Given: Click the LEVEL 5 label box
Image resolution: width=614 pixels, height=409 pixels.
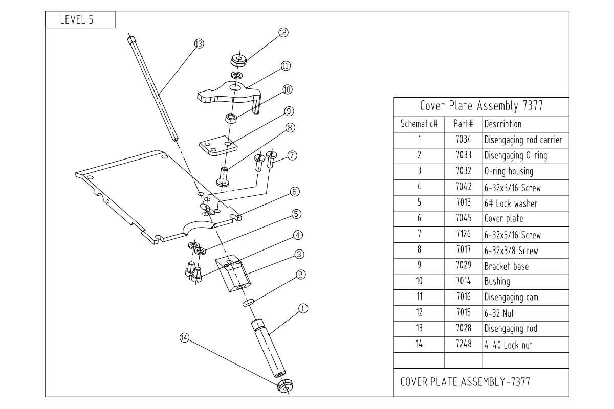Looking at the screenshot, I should coord(79,20).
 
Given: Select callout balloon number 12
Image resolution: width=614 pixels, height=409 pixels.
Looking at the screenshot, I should coord(283,32).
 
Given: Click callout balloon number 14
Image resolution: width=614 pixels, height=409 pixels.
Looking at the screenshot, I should coord(185,337).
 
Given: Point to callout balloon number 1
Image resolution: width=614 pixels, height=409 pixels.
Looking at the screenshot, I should coord(303,308).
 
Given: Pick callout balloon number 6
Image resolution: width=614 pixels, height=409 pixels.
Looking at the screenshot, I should coord(295,192).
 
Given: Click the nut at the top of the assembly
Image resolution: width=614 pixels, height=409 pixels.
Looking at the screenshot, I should coord(239,60).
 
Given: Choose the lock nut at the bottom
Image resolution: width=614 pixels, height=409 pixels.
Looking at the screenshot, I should coord(284,387).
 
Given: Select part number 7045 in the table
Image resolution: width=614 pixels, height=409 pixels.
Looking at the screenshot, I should coord(463,219).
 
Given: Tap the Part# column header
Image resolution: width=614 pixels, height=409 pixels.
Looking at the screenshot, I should coord(463,124).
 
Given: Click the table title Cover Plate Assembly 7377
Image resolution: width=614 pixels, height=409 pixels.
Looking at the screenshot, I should coord(481,106).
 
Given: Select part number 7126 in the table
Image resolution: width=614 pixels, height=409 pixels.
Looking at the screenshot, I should coord(463,235).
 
